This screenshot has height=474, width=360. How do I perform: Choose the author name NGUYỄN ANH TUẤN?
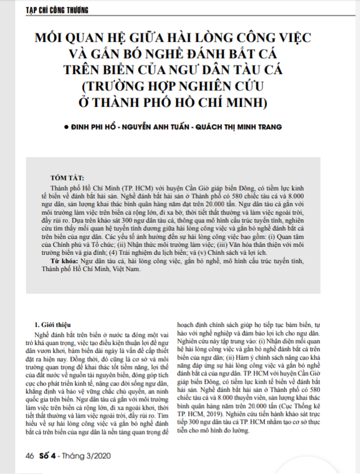point(159,128)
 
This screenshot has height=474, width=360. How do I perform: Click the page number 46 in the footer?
point(29,454)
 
